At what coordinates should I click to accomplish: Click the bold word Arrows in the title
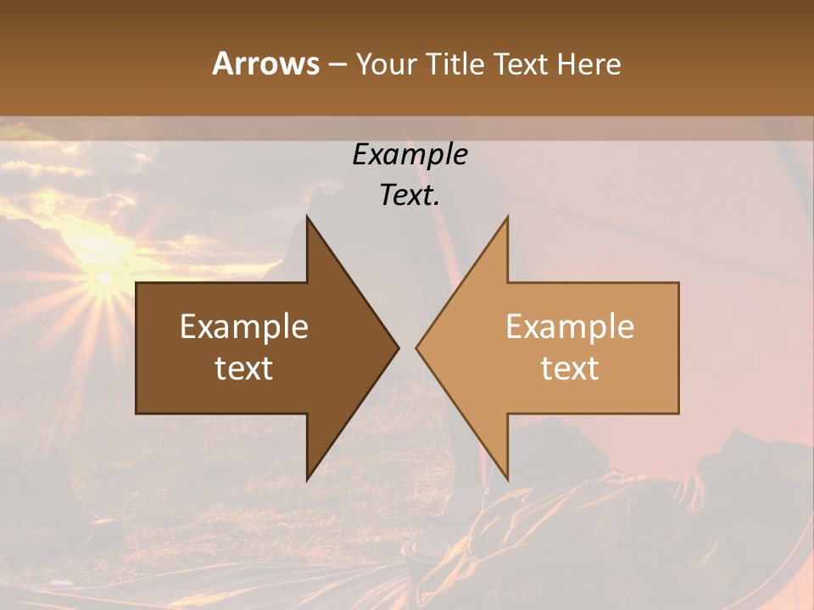(265, 64)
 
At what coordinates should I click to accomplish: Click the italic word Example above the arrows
(410, 155)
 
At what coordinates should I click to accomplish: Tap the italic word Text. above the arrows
(410, 196)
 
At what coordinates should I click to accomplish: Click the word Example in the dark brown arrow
(244, 327)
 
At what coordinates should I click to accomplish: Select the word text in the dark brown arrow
(244, 369)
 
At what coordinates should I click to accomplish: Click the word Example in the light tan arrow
(570, 327)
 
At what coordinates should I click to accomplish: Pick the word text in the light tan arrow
(570, 369)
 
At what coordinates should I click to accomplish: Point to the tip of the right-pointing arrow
(399, 347)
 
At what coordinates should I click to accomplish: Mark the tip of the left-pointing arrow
(416, 347)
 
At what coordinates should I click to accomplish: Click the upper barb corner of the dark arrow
(307, 217)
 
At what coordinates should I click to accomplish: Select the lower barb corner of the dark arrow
(307, 480)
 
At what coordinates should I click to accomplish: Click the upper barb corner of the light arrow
(507, 217)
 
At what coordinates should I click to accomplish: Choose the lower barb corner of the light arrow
(507, 480)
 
